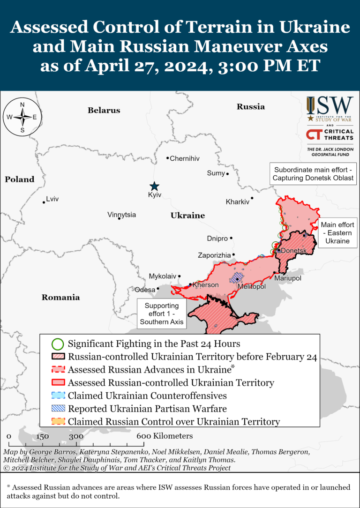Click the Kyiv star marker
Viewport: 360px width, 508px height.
pyautogui.click(x=154, y=186)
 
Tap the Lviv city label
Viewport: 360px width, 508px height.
pyautogui.click(x=53, y=199)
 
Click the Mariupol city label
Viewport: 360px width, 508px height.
pyautogui.click(x=288, y=278)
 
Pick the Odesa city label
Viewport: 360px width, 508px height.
pyautogui.click(x=145, y=290)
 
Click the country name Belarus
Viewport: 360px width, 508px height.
pyautogui.click(x=104, y=111)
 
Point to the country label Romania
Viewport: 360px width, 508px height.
pyautogui.click(x=60, y=297)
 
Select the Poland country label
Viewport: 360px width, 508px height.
pyautogui.click(x=20, y=179)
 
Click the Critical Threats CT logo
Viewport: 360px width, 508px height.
pyautogui.click(x=330, y=135)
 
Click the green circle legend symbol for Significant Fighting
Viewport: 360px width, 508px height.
pyautogui.click(x=57, y=344)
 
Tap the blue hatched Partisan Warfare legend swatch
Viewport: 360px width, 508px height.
pyautogui.click(x=57, y=408)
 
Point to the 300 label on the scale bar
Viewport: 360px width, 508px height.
pyautogui.click(x=76, y=436)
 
